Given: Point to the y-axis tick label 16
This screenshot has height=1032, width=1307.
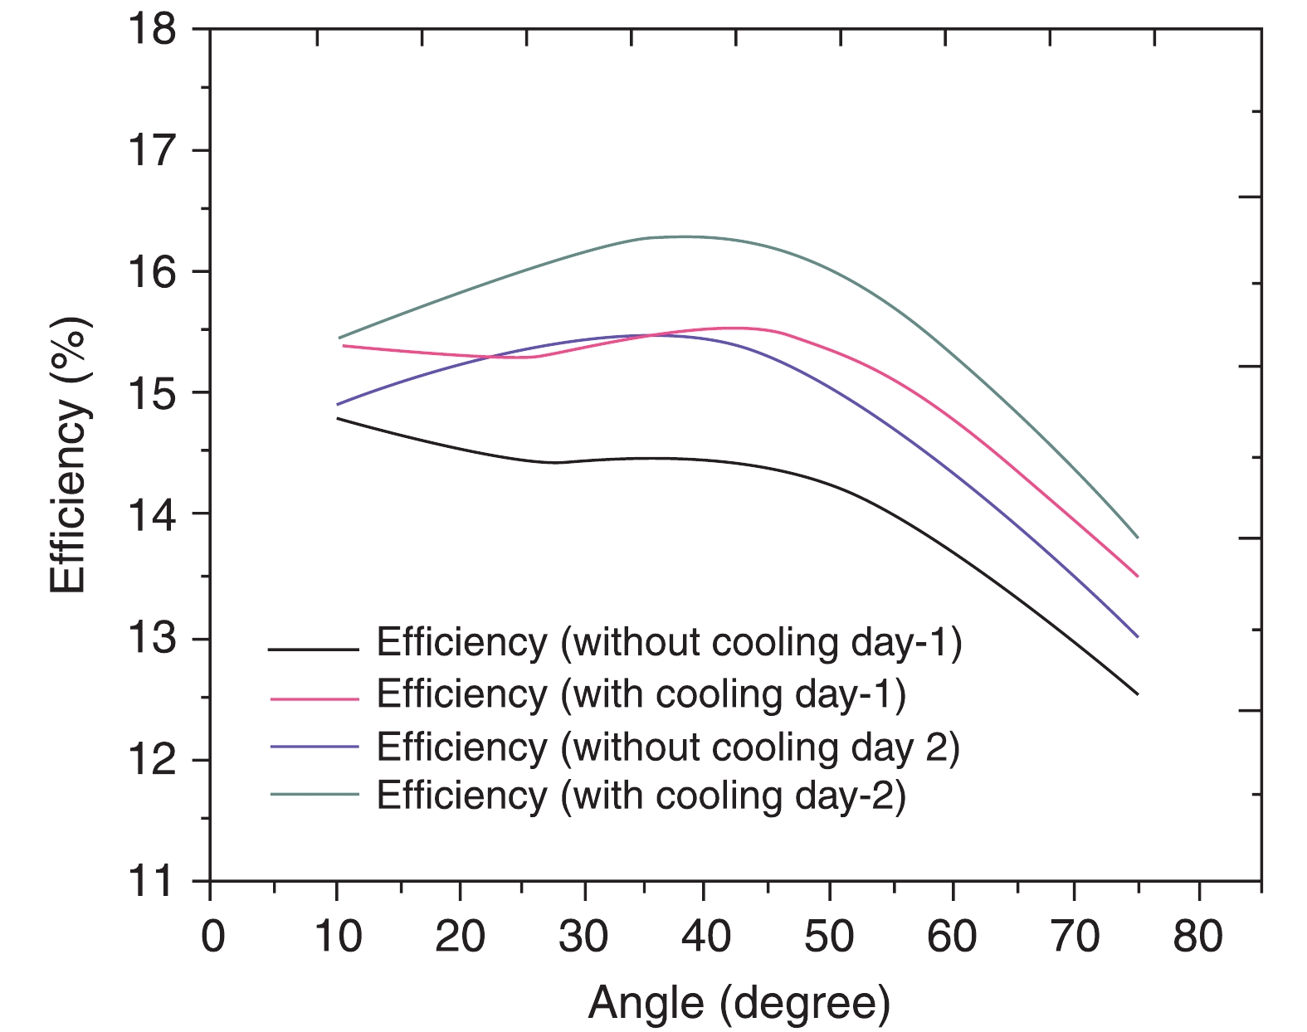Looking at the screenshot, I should click(153, 272).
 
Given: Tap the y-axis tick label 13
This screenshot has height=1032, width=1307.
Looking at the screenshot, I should click(153, 639).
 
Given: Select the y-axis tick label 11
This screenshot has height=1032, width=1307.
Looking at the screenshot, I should click(153, 881).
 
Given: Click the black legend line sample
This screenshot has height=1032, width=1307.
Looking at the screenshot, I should click(314, 649).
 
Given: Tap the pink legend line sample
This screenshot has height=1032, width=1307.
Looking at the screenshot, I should click(314, 699).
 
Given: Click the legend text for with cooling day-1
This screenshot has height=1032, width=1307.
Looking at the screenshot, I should click(641, 694).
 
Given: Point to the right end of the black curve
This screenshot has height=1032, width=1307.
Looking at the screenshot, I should click(1137, 694).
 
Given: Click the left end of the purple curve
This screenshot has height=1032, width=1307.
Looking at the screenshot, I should click(337, 404).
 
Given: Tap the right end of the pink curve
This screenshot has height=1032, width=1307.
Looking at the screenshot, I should click(1137, 576).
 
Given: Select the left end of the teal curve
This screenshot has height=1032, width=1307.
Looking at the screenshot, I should click(339, 338).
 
